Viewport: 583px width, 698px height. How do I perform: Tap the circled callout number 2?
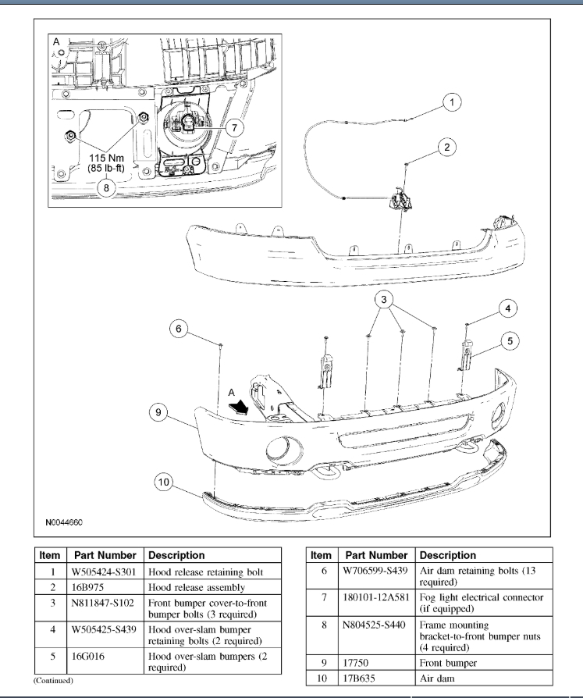(446, 147)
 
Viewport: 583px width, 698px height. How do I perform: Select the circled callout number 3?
(383, 299)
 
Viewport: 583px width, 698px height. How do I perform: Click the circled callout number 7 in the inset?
(235, 126)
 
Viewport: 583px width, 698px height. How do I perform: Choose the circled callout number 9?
(159, 413)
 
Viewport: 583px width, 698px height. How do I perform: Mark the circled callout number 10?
(165, 483)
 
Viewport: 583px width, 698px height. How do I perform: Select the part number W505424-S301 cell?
(105, 572)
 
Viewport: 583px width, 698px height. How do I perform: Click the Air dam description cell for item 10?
(437, 678)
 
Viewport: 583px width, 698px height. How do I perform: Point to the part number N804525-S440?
(376, 625)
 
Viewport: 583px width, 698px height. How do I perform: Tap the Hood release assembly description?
(196, 587)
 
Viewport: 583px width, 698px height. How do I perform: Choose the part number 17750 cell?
(358, 663)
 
